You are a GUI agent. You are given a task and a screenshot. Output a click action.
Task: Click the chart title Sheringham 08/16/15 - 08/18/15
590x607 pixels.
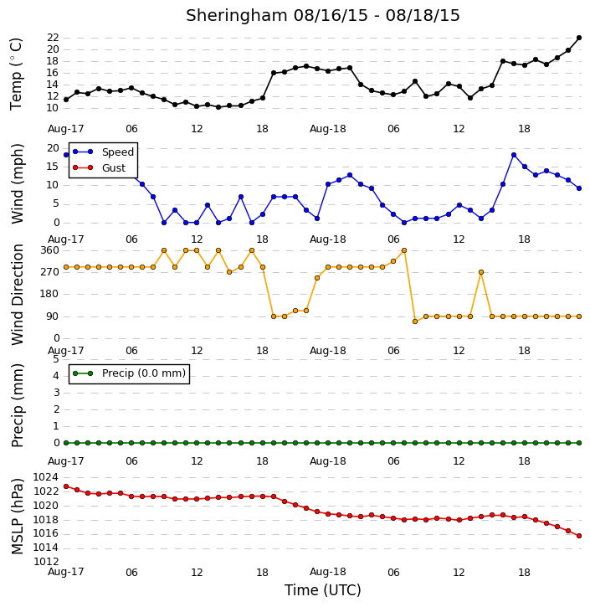pos(323,15)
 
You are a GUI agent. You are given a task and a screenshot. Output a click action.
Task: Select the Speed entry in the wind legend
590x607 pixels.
pos(103,152)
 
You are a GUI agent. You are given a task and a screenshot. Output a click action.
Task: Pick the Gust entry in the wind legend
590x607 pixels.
pos(99,167)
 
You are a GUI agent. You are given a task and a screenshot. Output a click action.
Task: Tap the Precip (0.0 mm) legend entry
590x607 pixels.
pos(129,373)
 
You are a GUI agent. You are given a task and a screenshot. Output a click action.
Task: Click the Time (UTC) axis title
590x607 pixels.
pos(323,590)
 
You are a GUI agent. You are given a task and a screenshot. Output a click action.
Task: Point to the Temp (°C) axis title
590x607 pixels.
pos(16,74)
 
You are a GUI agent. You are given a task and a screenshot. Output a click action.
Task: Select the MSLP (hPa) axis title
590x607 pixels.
pos(17,517)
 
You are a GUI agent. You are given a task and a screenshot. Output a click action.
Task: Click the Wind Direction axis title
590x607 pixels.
pos(17,295)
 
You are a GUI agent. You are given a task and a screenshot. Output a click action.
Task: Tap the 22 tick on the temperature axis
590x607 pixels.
pos(53,38)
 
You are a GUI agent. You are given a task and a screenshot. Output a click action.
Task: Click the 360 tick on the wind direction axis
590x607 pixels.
pos(50,250)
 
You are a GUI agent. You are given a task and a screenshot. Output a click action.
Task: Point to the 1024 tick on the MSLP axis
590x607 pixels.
pos(46,477)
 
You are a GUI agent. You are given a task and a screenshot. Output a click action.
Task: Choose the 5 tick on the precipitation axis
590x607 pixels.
pos(56,359)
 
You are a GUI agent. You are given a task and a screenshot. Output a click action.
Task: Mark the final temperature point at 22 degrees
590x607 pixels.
pos(579,38)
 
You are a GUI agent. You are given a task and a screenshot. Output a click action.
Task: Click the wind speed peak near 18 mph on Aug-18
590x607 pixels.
pos(514,155)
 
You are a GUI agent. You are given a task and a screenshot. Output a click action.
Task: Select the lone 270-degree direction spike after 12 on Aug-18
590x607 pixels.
pos(481,272)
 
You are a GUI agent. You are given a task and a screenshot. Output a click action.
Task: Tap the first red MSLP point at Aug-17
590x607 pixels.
pos(66,486)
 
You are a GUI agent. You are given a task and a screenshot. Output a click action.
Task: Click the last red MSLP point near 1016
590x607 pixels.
pos(579,536)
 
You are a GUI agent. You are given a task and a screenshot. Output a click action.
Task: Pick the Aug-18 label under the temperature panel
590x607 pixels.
pos(328,129)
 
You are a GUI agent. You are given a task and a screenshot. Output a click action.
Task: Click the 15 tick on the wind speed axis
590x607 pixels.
pos(53,167)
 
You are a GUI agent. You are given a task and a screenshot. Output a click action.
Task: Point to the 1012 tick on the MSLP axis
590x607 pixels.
pos(46,561)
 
